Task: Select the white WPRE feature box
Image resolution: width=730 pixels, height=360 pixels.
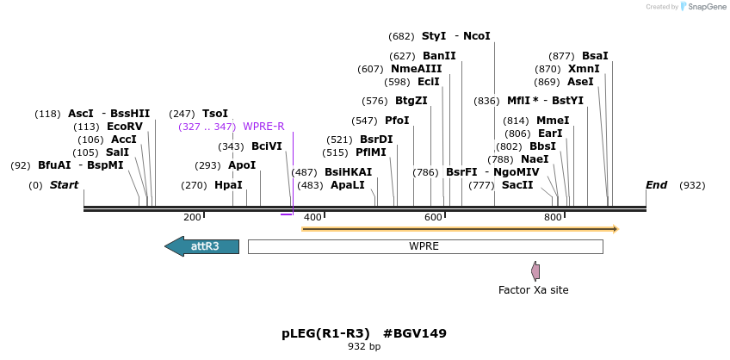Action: (424, 246)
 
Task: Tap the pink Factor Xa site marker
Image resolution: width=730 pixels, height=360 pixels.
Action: (535, 271)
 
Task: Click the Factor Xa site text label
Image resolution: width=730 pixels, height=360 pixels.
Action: (533, 290)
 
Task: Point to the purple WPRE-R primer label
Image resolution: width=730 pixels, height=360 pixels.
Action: (263, 127)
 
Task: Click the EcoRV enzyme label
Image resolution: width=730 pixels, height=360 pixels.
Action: (125, 127)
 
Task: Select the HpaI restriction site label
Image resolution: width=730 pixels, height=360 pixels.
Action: (228, 185)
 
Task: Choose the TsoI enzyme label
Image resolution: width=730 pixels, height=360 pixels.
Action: (215, 114)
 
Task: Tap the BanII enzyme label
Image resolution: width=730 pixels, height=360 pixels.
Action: (439, 56)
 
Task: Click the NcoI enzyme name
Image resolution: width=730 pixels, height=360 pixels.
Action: (476, 36)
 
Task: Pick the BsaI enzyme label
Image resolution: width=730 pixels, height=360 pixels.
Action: (595, 56)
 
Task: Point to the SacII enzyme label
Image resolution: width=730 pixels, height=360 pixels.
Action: (517, 185)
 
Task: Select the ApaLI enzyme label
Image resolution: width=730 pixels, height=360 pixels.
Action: (347, 185)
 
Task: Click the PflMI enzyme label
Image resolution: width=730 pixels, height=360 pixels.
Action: (371, 152)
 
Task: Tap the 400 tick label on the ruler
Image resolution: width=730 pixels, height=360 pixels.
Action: (312, 218)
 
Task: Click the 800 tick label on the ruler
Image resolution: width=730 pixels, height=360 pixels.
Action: (553, 218)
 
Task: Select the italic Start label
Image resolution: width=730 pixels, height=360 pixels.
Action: (64, 185)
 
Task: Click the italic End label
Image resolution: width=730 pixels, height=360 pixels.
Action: (656, 185)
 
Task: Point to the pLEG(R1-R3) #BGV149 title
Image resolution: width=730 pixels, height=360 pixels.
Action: (364, 333)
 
